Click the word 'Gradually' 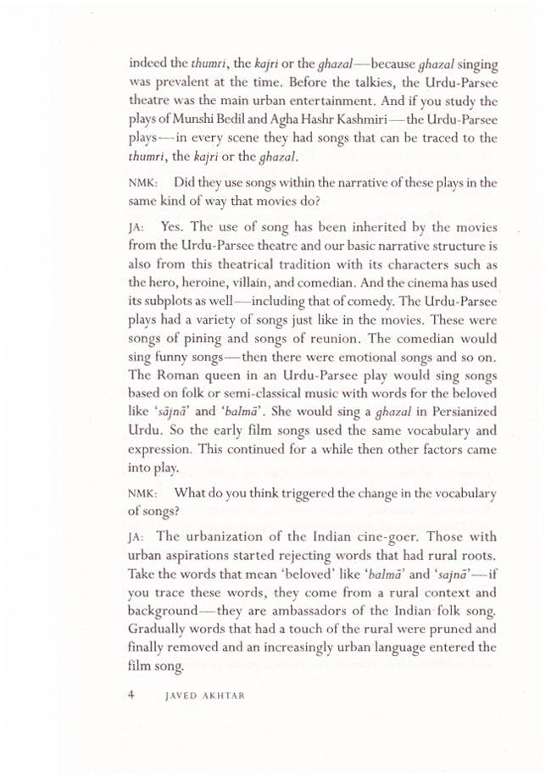click(161, 629)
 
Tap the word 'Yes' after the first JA click(171, 228)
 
